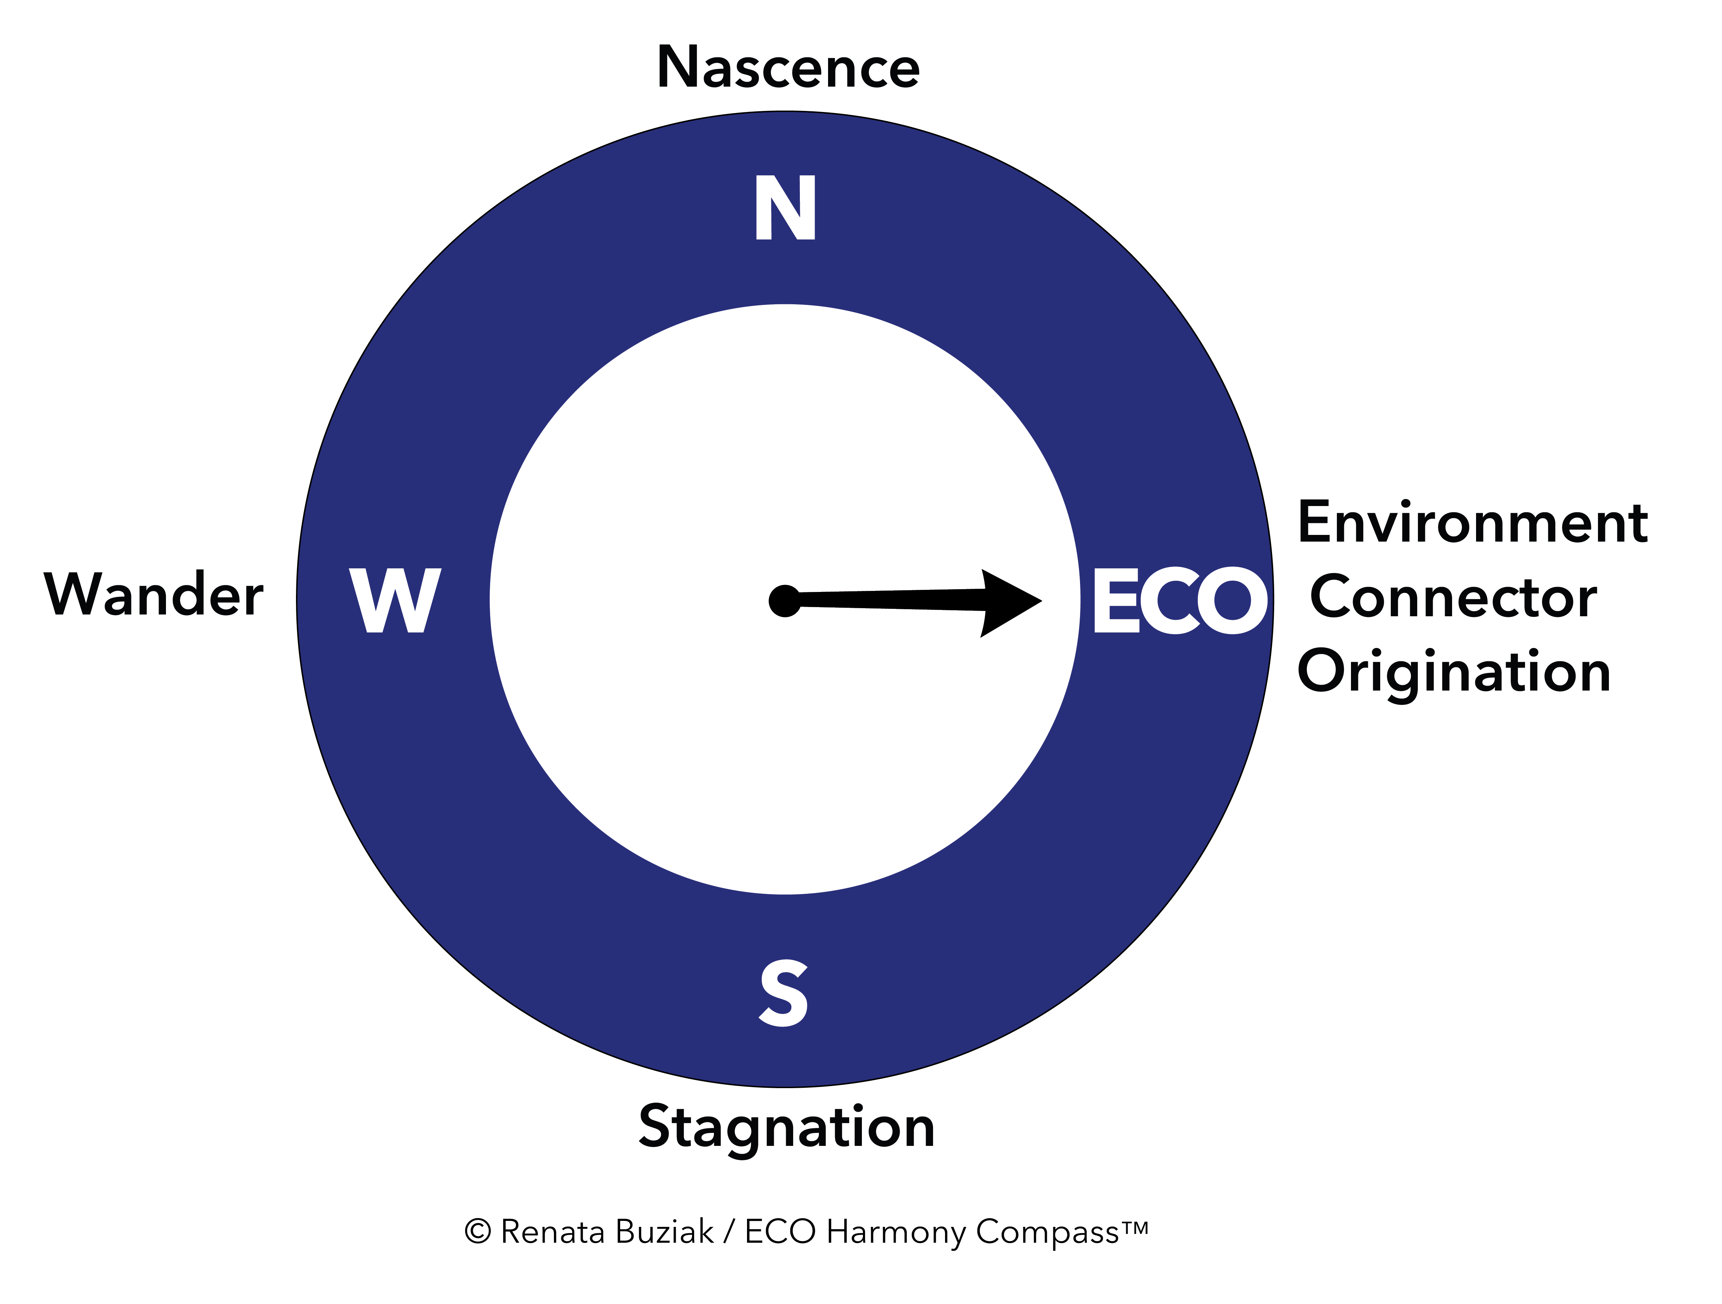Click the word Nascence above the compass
[x=788, y=68]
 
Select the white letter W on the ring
[x=395, y=600]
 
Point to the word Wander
[x=154, y=594]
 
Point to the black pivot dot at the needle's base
[x=785, y=601]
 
